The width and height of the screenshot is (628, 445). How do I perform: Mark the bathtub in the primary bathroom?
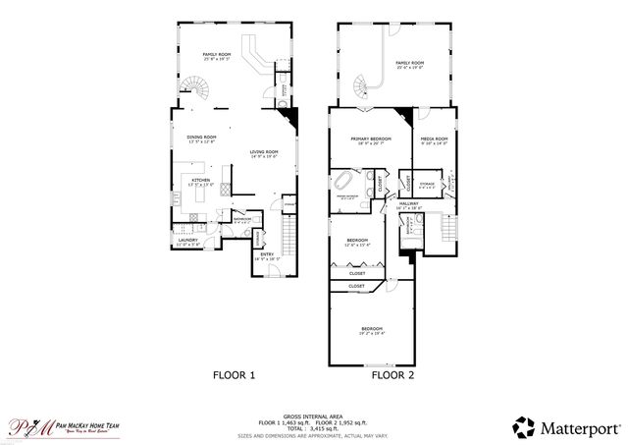(345, 183)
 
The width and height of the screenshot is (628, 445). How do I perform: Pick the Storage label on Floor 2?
(426, 184)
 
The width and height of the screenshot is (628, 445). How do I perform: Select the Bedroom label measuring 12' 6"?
(357, 242)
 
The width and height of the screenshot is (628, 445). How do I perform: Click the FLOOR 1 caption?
(235, 375)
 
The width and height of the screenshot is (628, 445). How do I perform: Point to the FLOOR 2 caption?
(392, 375)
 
